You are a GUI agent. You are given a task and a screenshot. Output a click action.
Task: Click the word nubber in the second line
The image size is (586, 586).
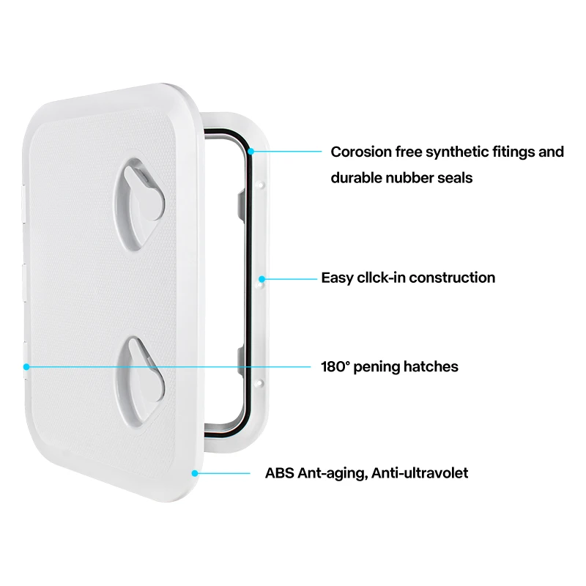click(415, 177)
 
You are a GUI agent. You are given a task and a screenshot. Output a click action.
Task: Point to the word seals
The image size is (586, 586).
click(457, 177)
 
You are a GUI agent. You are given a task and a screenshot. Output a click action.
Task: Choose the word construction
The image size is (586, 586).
click(452, 278)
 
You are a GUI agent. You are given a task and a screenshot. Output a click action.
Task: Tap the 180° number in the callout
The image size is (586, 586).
click(335, 366)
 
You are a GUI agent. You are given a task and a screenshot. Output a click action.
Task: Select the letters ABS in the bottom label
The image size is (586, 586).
click(279, 473)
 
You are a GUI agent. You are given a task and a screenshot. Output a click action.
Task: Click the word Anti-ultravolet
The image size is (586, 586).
click(420, 473)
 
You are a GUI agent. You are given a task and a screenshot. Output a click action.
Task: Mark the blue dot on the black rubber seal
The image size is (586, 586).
click(251, 152)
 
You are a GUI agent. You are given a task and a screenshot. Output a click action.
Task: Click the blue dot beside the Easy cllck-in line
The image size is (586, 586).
click(262, 278)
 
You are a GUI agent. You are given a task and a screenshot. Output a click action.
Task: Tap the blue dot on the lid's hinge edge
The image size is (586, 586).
click(26, 366)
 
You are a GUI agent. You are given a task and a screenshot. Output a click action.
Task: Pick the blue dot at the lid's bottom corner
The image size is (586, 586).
click(194, 472)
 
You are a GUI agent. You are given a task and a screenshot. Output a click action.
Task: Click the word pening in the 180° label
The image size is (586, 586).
click(378, 366)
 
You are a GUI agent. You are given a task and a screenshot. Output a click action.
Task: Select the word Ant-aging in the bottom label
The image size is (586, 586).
click(333, 473)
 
